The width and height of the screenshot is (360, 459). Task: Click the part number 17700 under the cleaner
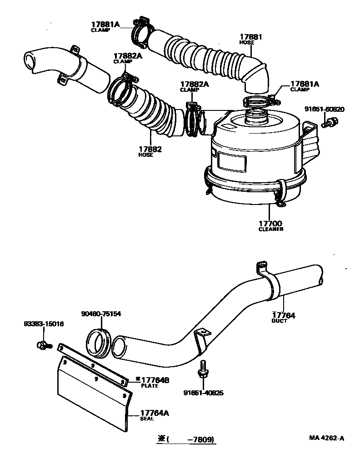(270, 223)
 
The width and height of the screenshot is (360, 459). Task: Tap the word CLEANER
(270, 229)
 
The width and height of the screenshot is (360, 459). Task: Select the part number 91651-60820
(324, 109)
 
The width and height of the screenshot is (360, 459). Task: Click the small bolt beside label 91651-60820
(329, 122)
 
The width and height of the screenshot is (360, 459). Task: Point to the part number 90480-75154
(101, 314)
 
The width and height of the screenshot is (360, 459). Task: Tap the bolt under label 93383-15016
(43, 345)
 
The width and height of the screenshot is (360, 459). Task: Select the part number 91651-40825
(203, 393)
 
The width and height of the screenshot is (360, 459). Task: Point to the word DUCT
(280, 321)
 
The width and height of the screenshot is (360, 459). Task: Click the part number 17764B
(148, 380)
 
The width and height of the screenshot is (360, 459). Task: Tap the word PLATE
(150, 386)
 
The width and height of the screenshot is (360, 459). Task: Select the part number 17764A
(148, 413)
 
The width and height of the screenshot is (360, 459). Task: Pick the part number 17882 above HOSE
(150, 149)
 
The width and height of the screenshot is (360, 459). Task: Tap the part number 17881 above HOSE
(251, 36)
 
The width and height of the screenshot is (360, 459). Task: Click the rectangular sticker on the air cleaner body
(232, 161)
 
